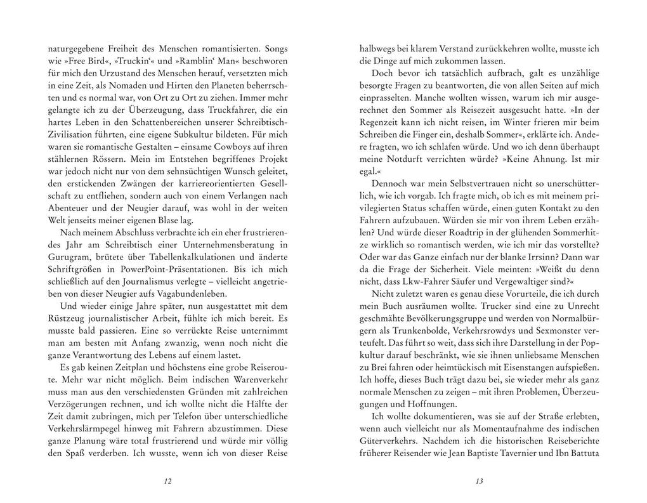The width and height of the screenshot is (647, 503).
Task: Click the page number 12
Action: pos(167,481)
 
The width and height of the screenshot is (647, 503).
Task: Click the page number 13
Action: pos(479,481)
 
